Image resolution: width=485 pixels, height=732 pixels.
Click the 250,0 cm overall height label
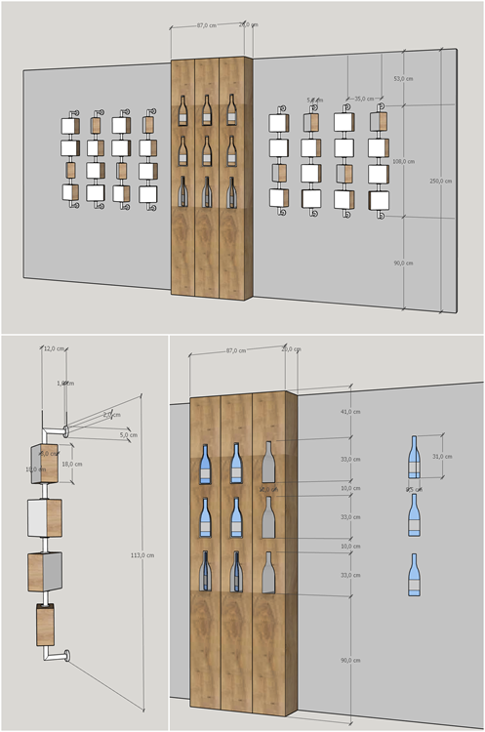coord(441,181)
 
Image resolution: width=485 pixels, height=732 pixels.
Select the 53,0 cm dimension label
coord(403,77)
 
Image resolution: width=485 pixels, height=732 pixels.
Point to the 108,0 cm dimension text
coord(403,161)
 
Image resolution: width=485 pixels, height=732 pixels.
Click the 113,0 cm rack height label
coord(142,553)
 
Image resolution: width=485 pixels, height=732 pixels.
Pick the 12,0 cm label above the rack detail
coord(54,348)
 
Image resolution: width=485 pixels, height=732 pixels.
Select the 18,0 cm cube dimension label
coord(71,465)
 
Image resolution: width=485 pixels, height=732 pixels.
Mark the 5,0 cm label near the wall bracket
coord(129,434)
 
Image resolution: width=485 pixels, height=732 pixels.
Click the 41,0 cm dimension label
coord(348,412)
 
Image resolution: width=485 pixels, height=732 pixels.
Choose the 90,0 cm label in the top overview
coord(403,263)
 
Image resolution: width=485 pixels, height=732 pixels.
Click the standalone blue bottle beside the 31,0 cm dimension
coord(415,459)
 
